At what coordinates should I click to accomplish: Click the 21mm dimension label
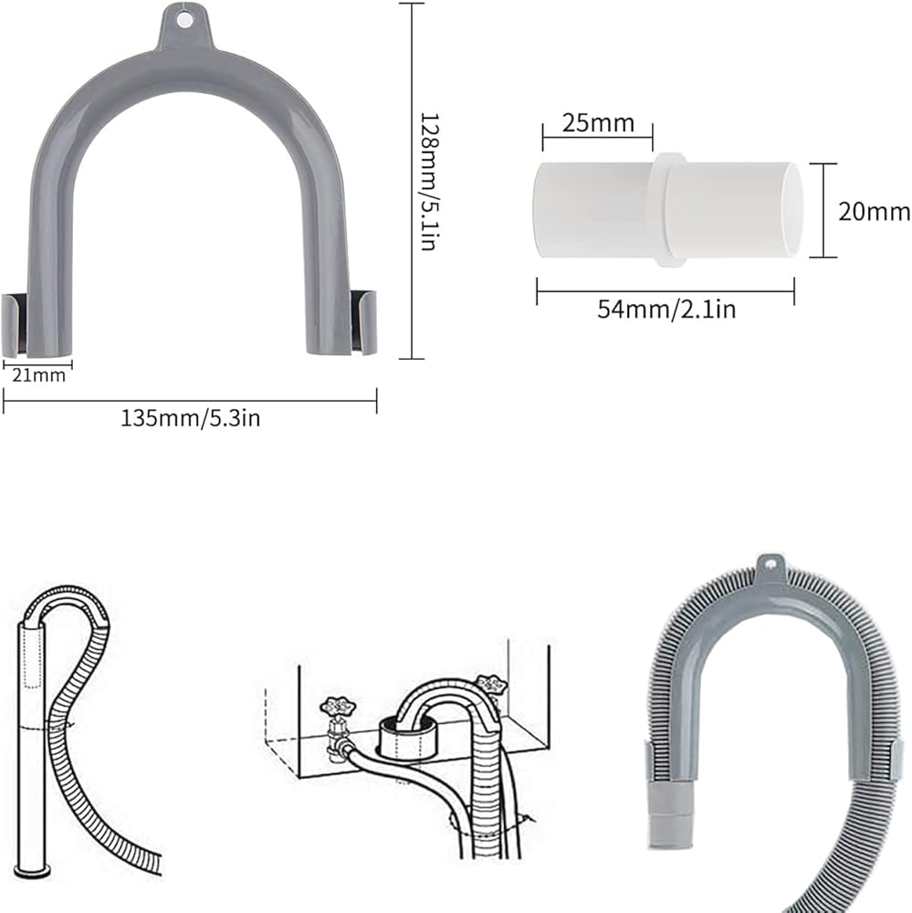pyautogui.click(x=38, y=375)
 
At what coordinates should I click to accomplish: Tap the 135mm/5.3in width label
pyautogui.click(x=190, y=418)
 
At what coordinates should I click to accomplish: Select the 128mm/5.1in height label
pyautogui.click(x=429, y=182)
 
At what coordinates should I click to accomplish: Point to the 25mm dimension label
pyautogui.click(x=598, y=123)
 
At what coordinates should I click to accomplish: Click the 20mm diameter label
pyautogui.click(x=874, y=212)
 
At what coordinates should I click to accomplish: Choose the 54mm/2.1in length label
pyautogui.click(x=666, y=309)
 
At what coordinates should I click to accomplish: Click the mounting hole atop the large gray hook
pyautogui.click(x=185, y=21)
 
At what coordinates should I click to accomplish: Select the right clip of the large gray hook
pyautogui.click(x=363, y=322)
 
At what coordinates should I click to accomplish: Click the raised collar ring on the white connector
pyautogui.click(x=668, y=210)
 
